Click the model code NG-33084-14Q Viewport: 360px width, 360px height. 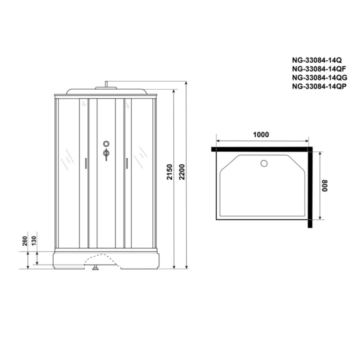pos(317,60)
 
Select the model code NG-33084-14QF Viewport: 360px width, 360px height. pos(319,69)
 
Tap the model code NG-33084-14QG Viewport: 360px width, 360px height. pos(320,78)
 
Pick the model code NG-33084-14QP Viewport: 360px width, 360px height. pos(319,86)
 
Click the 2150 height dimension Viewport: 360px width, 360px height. pos(170,172)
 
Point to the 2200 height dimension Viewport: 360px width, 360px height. pos(182,172)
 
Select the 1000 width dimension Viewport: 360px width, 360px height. pos(261,135)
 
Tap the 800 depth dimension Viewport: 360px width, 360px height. pos(325,185)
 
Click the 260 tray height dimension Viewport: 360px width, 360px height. pos(25,241)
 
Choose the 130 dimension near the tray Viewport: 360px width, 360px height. pos(34,240)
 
